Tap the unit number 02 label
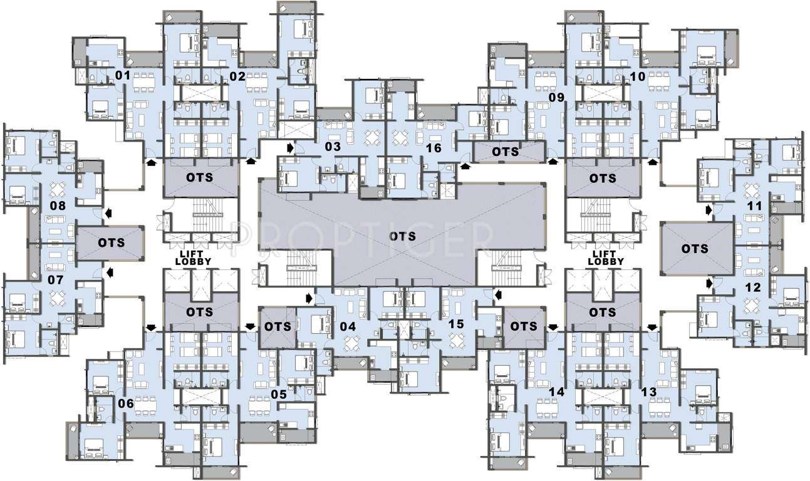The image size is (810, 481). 237,76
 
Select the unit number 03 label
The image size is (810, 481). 333,147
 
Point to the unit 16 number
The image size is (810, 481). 434,148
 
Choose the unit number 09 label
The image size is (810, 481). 557,98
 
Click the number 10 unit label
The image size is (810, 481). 638,76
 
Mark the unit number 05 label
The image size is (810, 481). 279,395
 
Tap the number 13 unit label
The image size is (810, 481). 649,392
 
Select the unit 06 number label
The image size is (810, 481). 126,404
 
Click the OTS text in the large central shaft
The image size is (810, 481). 402,235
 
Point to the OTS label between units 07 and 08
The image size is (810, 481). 110,242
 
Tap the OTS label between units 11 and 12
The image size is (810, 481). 695,249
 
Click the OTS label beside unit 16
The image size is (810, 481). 505,152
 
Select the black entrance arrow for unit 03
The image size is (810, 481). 290,148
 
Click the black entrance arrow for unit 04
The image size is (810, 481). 309,297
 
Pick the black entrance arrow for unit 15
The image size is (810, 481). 498,294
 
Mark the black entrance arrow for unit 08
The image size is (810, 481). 110,213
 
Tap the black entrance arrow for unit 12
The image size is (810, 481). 709,284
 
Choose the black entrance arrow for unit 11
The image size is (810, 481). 709,210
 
